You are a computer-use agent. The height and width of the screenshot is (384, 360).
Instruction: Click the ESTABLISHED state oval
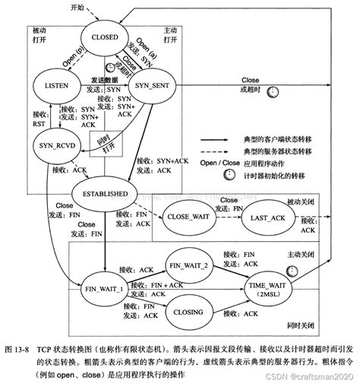110,194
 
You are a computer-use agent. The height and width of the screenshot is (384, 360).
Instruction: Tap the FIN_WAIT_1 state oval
105,290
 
